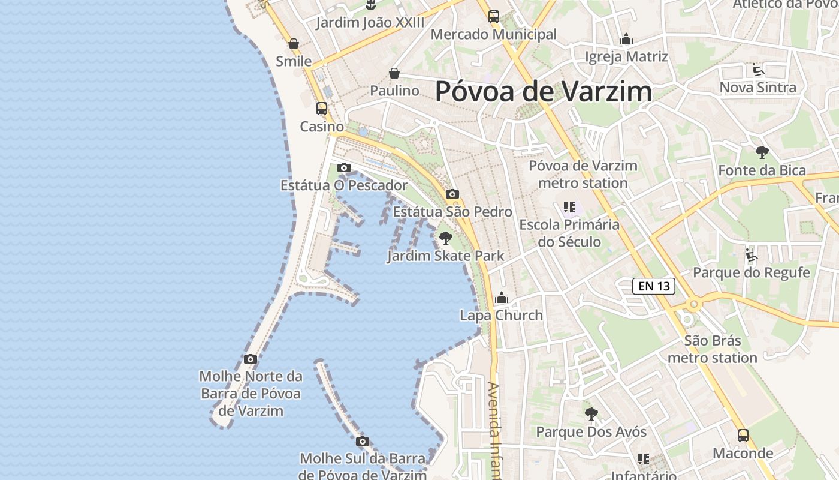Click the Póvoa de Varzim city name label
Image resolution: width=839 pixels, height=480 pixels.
click(543, 92)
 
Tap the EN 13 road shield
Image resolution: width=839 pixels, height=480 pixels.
click(654, 286)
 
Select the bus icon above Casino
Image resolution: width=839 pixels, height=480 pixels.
click(322, 109)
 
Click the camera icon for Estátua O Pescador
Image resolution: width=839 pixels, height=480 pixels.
click(343, 167)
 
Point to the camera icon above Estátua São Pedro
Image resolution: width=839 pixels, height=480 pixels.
click(452, 194)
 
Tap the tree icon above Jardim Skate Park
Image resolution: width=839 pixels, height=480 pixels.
click(445, 238)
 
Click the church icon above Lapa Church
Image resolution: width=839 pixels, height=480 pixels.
click(502, 298)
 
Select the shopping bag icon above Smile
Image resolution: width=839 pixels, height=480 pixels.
click(294, 44)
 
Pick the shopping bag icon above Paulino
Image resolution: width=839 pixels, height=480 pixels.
click(394, 73)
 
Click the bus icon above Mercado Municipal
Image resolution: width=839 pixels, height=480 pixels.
click(494, 17)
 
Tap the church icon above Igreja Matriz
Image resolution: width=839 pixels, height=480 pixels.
click(626, 40)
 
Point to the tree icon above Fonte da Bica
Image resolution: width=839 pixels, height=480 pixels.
click(762, 152)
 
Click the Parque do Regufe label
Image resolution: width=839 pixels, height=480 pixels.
click(752, 272)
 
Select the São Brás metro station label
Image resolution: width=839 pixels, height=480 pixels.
click(713, 349)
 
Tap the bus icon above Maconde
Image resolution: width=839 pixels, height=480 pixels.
click(743, 436)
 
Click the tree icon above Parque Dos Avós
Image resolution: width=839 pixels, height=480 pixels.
click(591, 414)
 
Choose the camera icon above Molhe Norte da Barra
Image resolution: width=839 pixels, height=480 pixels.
click(251, 359)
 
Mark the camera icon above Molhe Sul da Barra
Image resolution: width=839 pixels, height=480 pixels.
click(362, 442)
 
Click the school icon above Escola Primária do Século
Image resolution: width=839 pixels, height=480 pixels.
click(569, 208)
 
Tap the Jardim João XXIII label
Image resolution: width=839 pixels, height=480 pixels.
click(370, 23)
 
